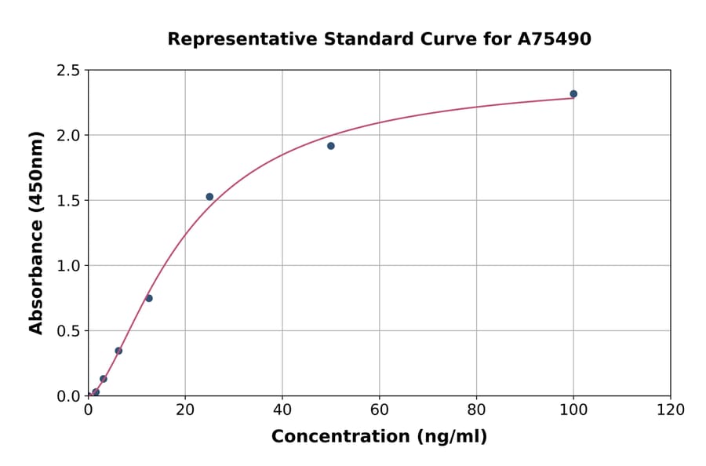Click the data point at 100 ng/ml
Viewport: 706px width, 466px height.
point(573,94)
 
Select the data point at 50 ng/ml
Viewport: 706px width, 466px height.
point(331,146)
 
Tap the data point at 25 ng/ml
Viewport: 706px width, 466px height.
point(209,197)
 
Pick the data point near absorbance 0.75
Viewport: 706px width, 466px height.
point(149,298)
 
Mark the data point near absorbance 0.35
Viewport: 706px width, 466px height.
point(118,351)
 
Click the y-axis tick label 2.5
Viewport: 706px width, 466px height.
point(68,71)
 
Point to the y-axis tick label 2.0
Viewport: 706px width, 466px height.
point(68,136)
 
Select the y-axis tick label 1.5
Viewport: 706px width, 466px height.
point(68,201)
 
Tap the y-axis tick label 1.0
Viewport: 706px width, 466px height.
point(68,266)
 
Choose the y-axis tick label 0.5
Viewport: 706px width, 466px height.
point(68,331)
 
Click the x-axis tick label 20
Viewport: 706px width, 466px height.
point(185,410)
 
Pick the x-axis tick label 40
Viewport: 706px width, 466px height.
point(282,410)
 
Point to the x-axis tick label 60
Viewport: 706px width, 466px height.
point(380,410)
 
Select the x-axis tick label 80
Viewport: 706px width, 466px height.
point(476,410)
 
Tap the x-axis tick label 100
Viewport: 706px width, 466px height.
point(573,410)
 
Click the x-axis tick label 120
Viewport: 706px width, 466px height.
point(671,410)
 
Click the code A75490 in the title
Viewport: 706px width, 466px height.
point(554,39)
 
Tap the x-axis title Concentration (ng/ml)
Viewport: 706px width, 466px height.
point(379,437)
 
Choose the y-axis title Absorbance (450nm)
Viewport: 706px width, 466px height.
point(36,233)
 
